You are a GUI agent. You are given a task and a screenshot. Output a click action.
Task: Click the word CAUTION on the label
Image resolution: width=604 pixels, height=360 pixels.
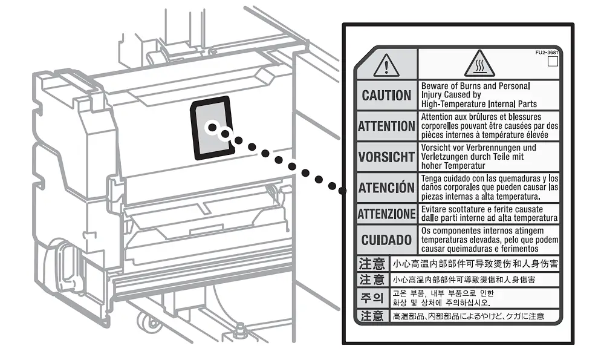[386, 96]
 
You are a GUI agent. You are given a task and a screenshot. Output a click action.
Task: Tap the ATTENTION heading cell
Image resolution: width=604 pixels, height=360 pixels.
[386, 126]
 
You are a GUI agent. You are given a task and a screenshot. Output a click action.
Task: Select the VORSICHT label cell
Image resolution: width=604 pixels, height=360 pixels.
[386, 157]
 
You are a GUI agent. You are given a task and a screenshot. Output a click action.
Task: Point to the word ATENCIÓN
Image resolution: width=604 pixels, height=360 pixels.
[386, 188]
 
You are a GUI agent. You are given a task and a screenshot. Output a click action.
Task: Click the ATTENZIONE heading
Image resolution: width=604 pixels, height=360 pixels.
[386, 214]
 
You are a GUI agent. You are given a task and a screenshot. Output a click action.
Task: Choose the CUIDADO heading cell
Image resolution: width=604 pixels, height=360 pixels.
[386, 240]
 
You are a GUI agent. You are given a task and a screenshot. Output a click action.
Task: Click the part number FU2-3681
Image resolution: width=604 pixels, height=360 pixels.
[547, 53]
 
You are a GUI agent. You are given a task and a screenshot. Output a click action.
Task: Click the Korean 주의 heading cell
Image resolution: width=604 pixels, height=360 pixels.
[372, 298]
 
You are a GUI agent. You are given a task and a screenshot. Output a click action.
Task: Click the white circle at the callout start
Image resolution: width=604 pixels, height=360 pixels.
[212, 127]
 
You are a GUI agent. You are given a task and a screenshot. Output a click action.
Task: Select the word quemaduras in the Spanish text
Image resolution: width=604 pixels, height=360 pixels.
[518, 178]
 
